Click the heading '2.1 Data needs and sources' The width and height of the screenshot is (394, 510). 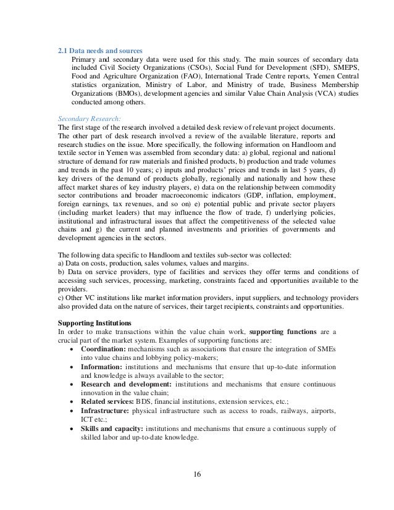[99, 51]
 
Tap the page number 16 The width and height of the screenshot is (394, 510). [197, 474]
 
